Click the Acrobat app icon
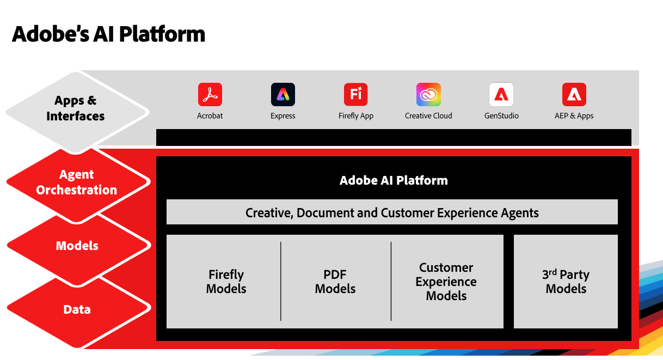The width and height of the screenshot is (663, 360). [x=210, y=95]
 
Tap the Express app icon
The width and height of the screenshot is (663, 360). [x=283, y=95]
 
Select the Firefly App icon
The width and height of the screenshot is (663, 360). [x=355, y=95]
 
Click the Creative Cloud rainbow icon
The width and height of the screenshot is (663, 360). [x=428, y=95]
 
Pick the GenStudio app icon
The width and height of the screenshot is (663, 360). [x=501, y=95]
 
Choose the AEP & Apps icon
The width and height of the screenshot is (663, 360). [x=574, y=95]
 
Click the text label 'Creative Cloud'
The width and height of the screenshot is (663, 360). [x=428, y=116]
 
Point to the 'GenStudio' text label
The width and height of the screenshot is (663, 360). [x=501, y=116]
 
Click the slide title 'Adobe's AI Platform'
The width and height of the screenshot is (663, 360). [x=108, y=34]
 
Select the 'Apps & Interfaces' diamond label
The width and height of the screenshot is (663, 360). [x=76, y=108]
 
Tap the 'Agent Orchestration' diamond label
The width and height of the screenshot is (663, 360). [x=77, y=182]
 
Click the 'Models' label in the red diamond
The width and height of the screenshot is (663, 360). [x=77, y=246]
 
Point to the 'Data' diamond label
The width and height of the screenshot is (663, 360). [x=77, y=309]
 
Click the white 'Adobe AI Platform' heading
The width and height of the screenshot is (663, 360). [x=394, y=180]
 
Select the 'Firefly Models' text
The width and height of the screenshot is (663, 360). [x=226, y=282]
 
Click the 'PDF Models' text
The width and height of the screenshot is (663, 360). [x=335, y=282]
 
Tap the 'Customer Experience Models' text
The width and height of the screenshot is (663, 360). [x=446, y=282]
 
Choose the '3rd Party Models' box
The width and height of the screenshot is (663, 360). [x=566, y=282]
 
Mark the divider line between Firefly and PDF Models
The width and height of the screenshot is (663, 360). [x=281, y=282]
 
